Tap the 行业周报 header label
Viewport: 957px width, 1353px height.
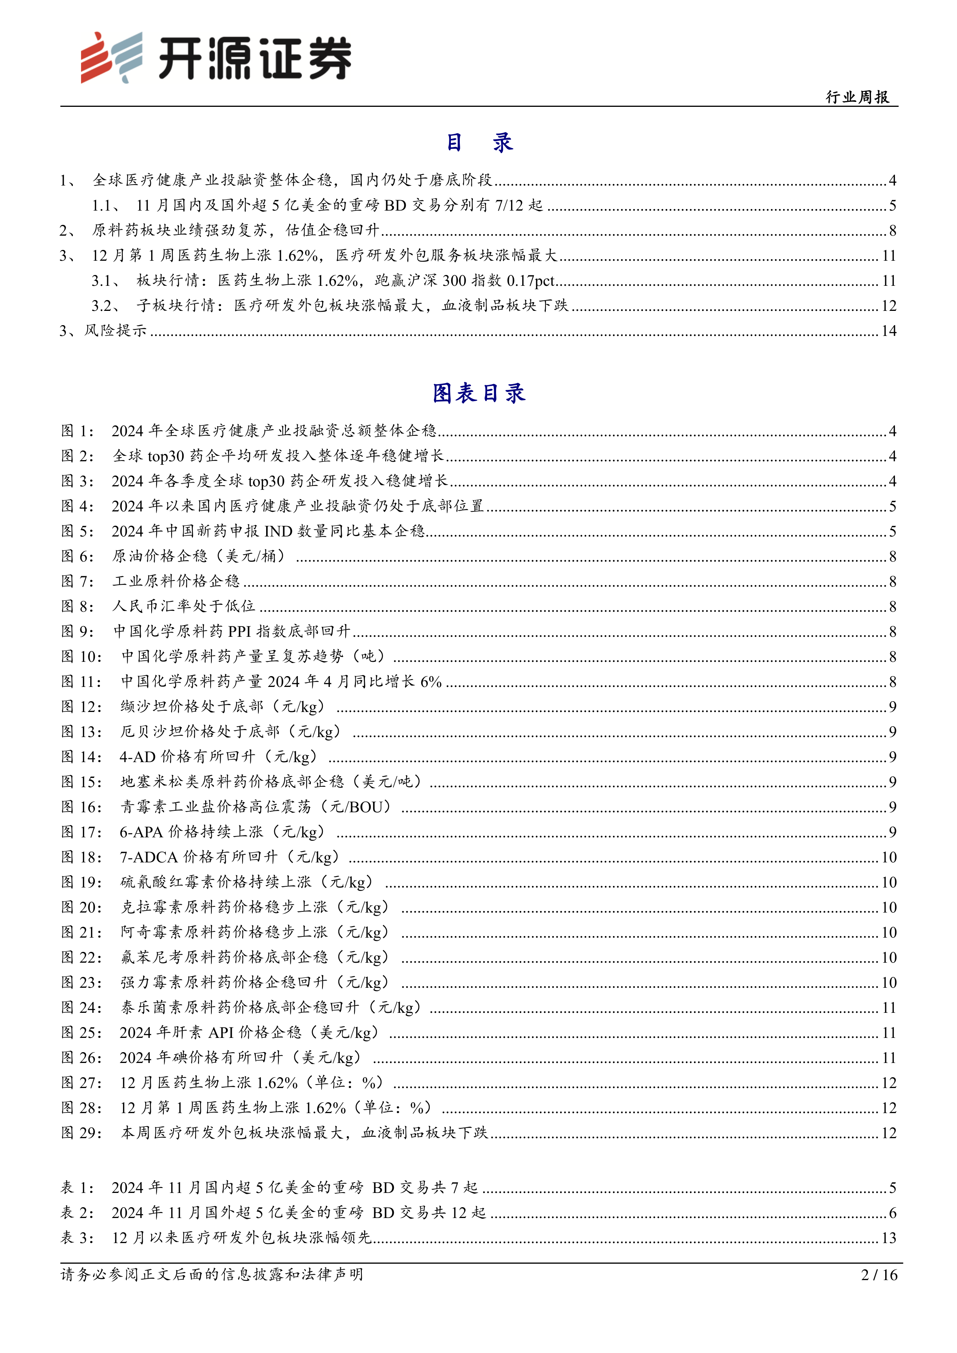coord(857,97)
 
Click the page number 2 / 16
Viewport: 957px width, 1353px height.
coord(879,1275)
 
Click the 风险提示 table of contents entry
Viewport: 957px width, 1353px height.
coord(115,331)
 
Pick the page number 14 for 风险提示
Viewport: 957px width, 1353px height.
coord(889,331)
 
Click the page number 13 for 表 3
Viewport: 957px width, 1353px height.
coord(889,1238)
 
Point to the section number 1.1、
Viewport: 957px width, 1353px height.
coord(106,205)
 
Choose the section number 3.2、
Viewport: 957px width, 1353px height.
coord(106,305)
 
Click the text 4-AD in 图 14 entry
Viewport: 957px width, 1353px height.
coord(137,757)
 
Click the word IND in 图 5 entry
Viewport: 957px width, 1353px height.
coord(278,531)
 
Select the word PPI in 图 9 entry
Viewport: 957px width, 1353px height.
coord(239,631)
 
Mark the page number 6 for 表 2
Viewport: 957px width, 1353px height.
coord(892,1213)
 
